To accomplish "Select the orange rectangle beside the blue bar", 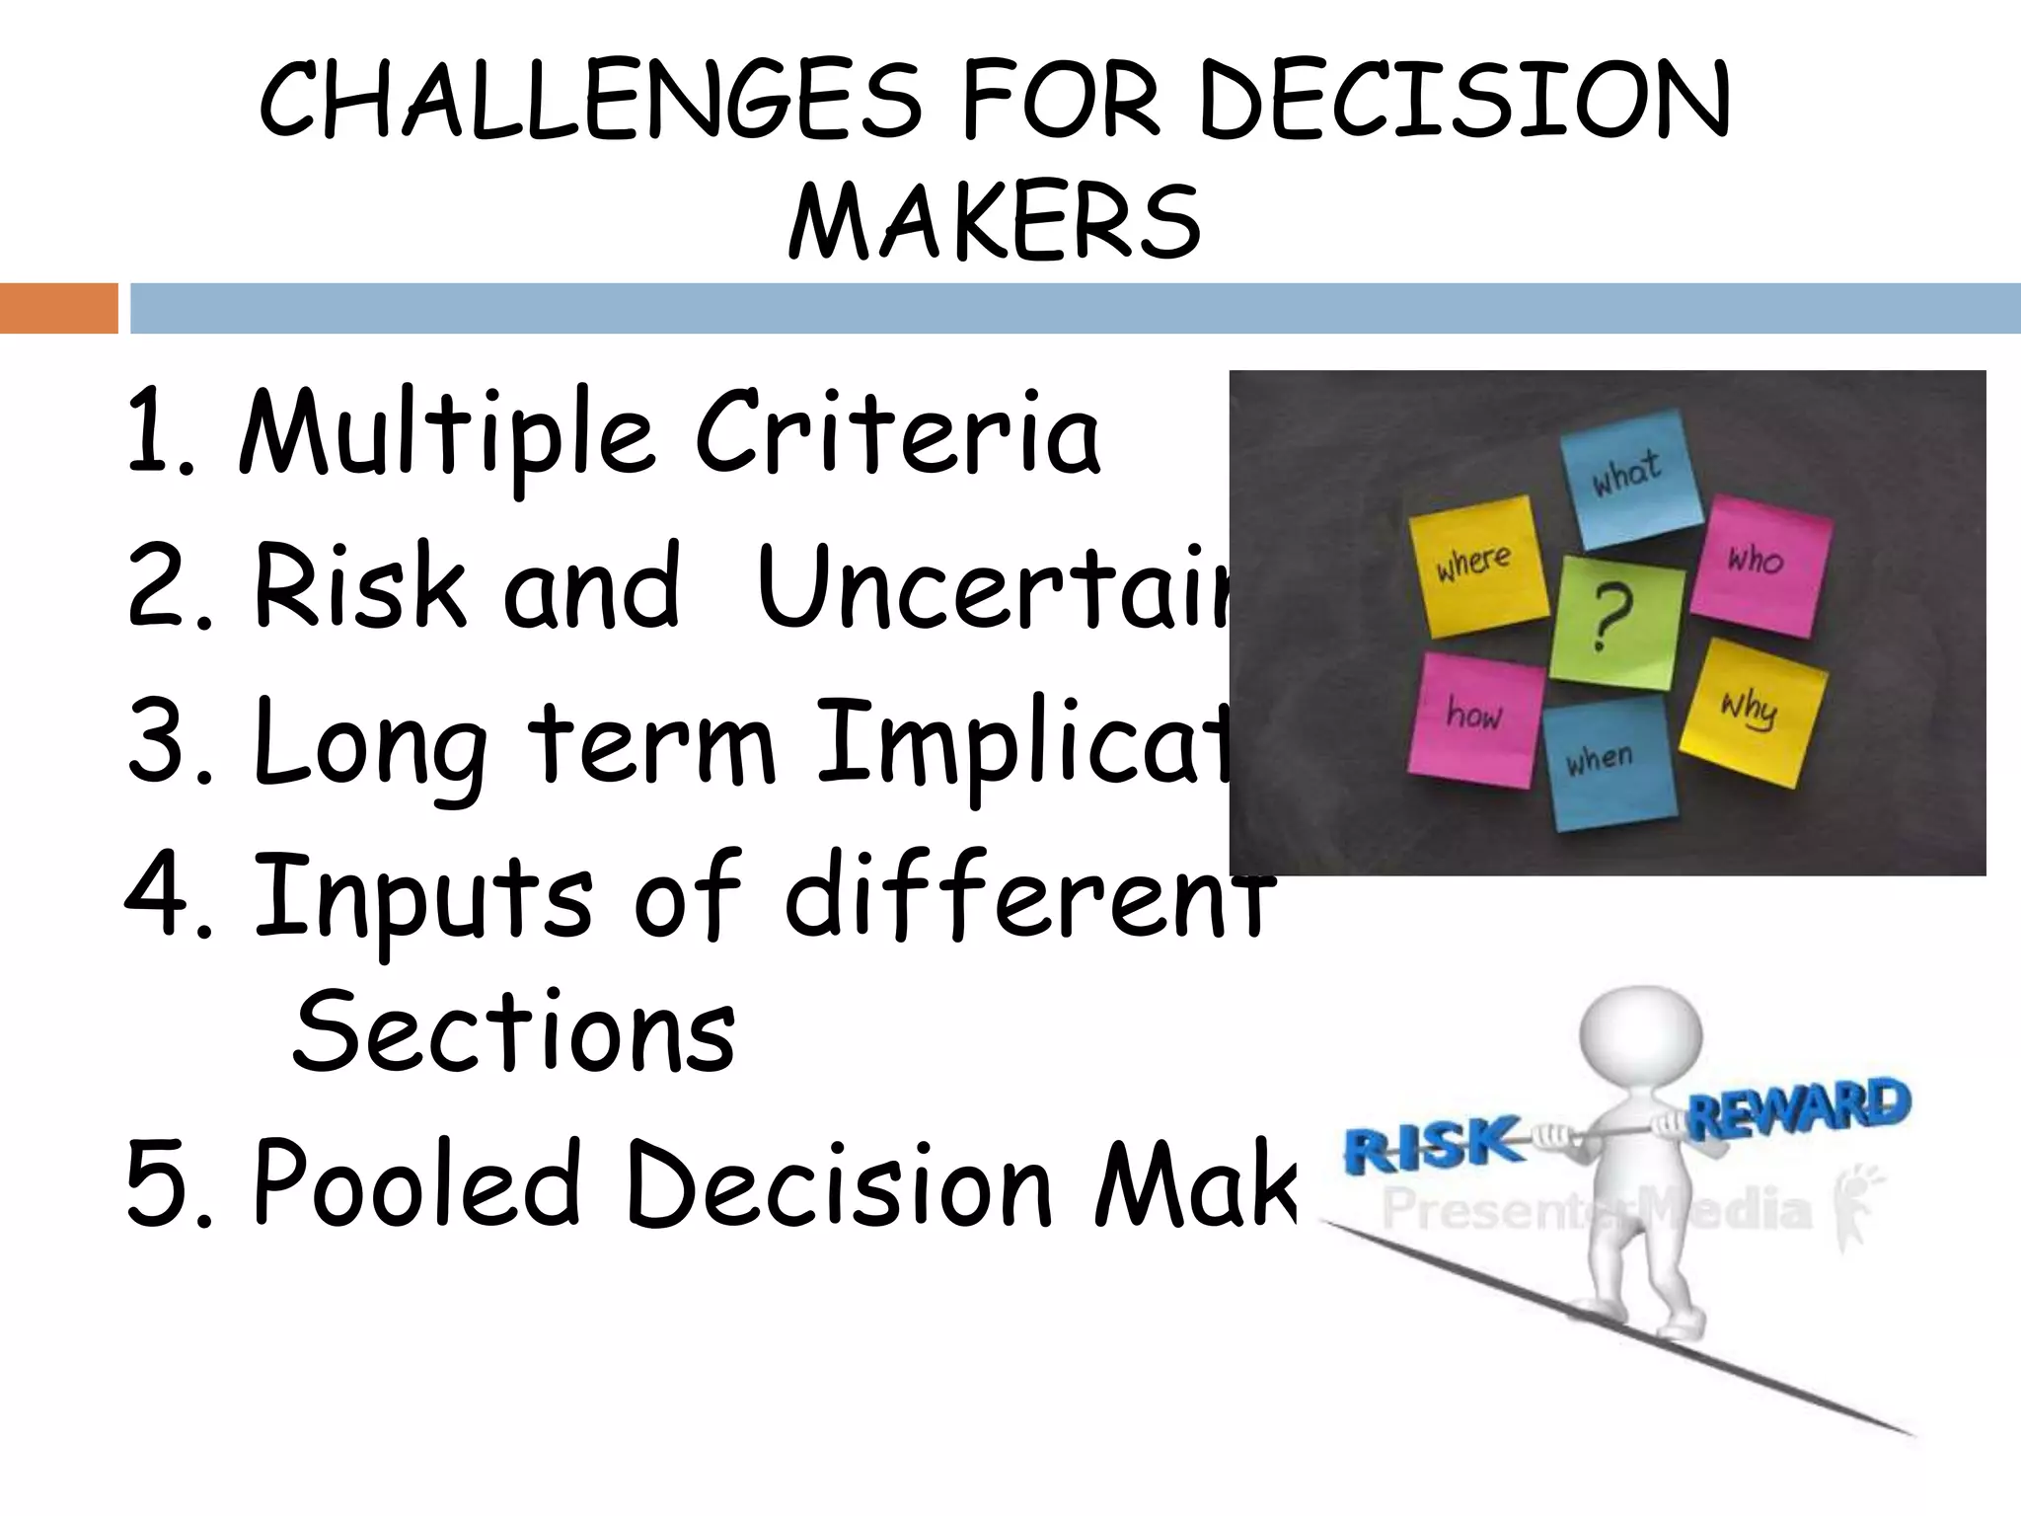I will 58,308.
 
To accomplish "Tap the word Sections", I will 513,1032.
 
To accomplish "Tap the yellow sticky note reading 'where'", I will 1475,564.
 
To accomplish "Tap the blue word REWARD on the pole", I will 1798,1108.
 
